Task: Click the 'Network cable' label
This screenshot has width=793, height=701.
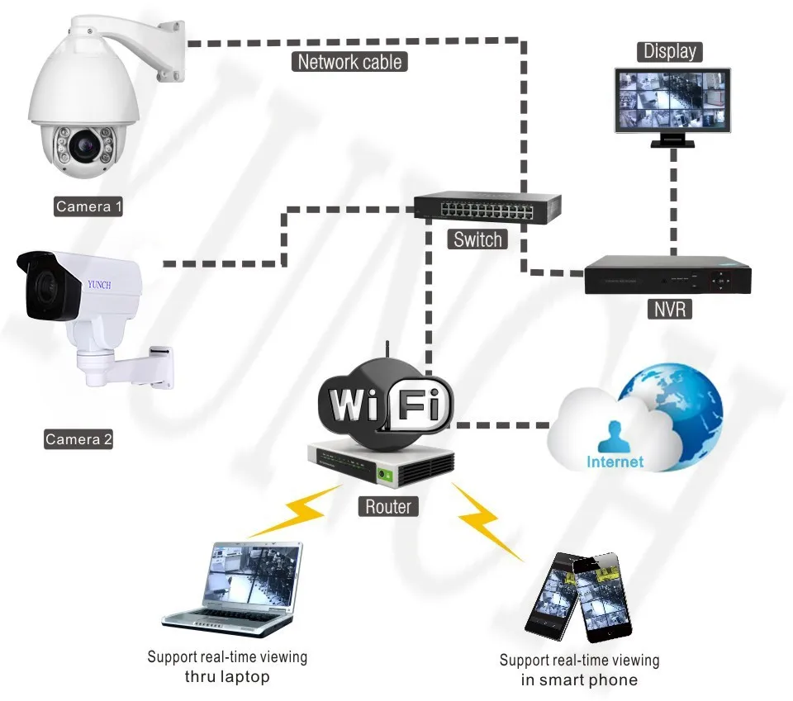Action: (x=349, y=62)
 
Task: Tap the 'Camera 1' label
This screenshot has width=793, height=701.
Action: (x=88, y=206)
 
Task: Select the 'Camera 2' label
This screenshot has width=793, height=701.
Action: (x=78, y=438)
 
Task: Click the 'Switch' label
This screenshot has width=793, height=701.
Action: (x=477, y=239)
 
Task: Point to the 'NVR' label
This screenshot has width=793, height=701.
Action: (x=670, y=309)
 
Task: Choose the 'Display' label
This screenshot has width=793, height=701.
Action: (x=670, y=51)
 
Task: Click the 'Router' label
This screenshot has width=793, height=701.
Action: (x=388, y=506)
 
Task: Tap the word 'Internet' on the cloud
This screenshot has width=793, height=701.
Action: (x=615, y=462)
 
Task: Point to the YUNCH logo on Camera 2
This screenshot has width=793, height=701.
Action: (x=99, y=285)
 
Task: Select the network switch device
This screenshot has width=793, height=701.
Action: (x=487, y=208)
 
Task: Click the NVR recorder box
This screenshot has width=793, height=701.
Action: (x=667, y=275)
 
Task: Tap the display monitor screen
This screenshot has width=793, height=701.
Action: (x=672, y=100)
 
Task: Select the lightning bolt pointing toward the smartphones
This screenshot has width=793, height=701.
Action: (x=486, y=520)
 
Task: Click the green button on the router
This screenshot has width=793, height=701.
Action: (x=385, y=475)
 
